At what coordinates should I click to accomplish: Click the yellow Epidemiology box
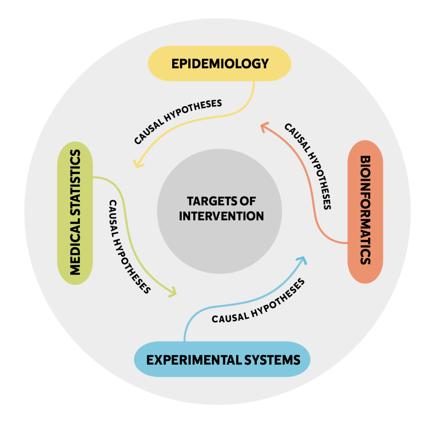pyautogui.click(x=220, y=64)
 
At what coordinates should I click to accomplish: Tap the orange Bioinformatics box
pyautogui.click(x=365, y=211)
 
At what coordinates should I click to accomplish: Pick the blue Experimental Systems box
pyautogui.click(x=223, y=360)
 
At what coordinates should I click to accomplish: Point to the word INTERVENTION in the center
pyautogui.click(x=221, y=216)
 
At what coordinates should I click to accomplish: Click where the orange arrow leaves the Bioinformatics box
pyautogui.click(x=347, y=243)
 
